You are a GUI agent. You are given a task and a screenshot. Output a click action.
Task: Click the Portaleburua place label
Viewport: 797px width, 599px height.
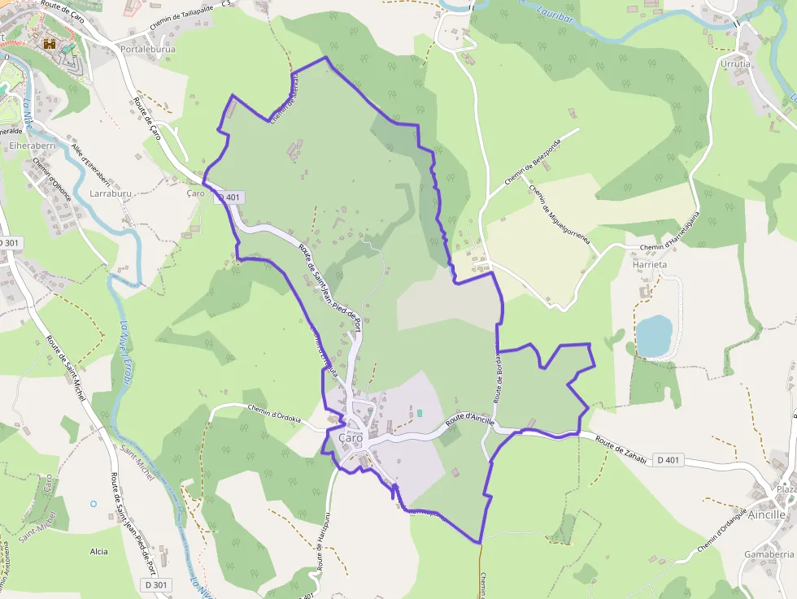(x=147, y=49)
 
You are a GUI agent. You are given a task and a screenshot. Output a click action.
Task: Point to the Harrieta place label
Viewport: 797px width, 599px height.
(x=649, y=264)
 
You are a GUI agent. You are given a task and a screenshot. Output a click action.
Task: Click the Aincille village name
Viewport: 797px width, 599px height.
(x=766, y=514)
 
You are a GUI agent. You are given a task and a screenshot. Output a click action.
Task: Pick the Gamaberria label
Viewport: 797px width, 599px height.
(x=769, y=553)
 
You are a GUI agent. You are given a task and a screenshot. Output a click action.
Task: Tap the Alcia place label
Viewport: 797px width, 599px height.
(x=98, y=552)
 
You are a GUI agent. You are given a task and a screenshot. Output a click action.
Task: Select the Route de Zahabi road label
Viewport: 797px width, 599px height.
(x=621, y=451)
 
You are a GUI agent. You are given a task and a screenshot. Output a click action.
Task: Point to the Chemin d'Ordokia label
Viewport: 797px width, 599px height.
(x=274, y=414)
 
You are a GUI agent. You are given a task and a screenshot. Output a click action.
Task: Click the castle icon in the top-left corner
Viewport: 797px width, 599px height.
(x=50, y=45)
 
